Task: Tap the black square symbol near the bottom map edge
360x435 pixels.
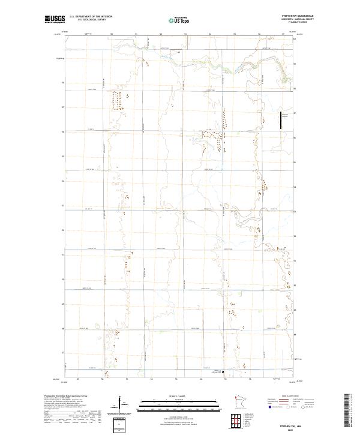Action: coord(224,371)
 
